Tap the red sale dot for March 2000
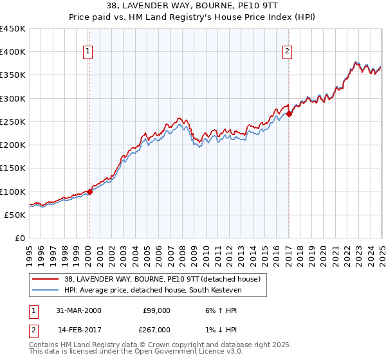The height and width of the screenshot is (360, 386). tap(90, 192)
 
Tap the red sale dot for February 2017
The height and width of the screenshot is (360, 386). tap(289, 114)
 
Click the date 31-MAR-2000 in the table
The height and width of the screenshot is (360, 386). tap(77, 310)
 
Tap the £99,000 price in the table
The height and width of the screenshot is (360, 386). tap(156, 310)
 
